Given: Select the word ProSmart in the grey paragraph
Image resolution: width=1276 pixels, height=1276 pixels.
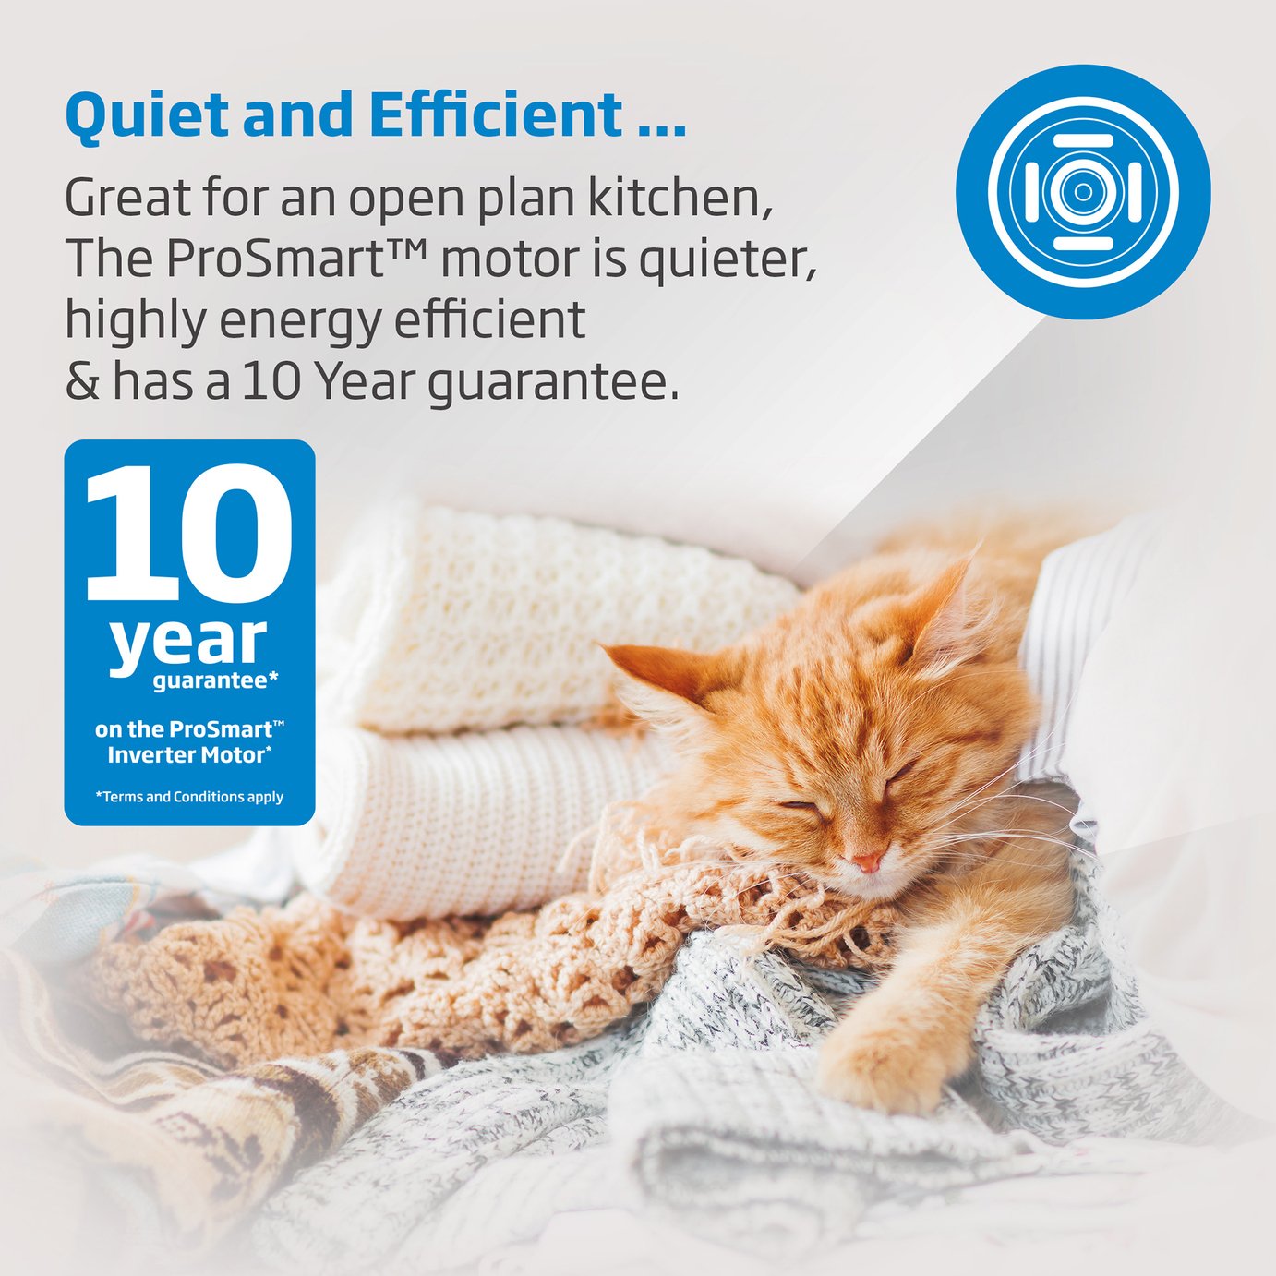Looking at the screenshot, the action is pos(278,259).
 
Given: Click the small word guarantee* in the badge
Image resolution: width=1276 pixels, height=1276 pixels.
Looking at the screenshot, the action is pos(216,681).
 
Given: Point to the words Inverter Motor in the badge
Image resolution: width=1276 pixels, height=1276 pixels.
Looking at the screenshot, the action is pos(189,755).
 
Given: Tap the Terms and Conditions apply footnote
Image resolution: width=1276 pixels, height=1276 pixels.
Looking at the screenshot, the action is pos(189,797).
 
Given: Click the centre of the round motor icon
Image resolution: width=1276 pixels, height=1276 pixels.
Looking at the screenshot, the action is pos(1083,192).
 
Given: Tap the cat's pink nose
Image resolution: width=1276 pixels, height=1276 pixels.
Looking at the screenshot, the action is pos(868,861).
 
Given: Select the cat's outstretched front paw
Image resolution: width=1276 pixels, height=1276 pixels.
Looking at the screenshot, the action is pos(881,1066).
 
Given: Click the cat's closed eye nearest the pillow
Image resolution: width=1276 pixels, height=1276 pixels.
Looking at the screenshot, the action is pos(901,774).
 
